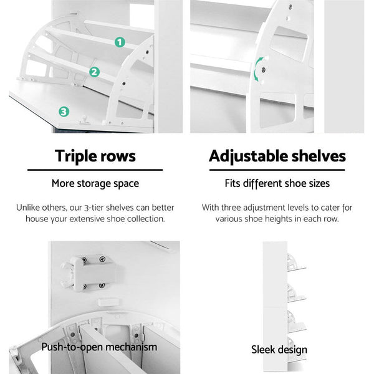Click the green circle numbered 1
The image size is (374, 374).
(119, 42)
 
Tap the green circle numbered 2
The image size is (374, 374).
(94, 72)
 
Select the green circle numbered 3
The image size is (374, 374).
(64, 112)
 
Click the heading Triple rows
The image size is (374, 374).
(95, 155)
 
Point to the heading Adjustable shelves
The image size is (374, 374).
(277, 155)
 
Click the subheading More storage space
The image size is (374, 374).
(95, 183)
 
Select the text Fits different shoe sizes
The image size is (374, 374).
(277, 183)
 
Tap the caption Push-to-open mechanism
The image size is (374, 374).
(99, 347)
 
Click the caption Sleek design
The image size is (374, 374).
(279, 350)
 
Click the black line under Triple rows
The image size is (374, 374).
(95, 170)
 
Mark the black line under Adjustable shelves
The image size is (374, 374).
(277, 170)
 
